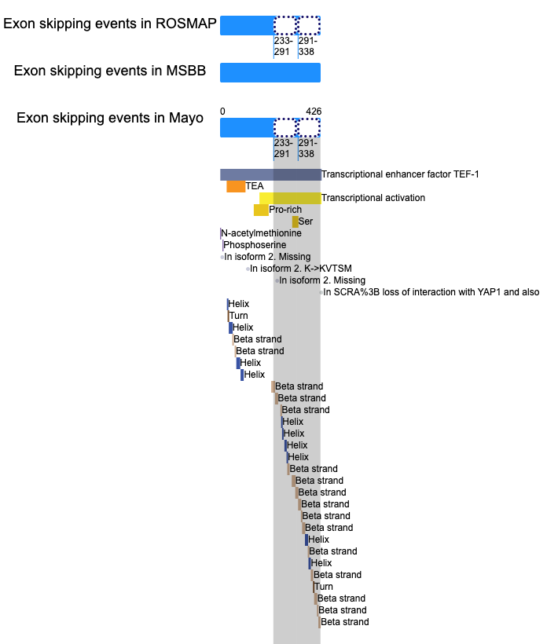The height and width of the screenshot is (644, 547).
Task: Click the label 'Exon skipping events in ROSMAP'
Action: click(x=110, y=24)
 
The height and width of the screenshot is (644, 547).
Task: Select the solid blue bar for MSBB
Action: click(x=270, y=73)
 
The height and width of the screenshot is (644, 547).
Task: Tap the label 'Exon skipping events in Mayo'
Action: click(x=110, y=118)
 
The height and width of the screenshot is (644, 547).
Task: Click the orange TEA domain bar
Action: click(x=236, y=186)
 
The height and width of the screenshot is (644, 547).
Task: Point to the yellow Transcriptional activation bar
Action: click(x=290, y=198)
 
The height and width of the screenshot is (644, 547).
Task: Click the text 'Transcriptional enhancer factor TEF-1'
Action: click(x=400, y=174)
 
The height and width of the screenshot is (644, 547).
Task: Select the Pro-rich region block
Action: click(x=261, y=210)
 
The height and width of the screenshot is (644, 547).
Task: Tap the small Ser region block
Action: click(x=295, y=221)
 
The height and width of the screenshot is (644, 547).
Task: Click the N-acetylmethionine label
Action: click(x=261, y=233)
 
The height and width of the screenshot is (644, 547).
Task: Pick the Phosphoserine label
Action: click(x=255, y=245)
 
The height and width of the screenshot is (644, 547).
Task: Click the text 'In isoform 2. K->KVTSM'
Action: click(x=301, y=269)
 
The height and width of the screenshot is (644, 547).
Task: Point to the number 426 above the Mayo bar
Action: click(x=314, y=112)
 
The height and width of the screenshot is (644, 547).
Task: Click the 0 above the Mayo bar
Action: click(x=222, y=112)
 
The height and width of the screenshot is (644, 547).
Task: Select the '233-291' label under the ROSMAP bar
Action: click(x=283, y=46)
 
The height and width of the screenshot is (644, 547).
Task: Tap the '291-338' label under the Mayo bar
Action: click(x=308, y=148)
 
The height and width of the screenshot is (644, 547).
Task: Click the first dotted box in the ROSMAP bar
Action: click(x=285, y=25)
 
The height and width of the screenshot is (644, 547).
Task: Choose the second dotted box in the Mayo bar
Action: click(x=309, y=128)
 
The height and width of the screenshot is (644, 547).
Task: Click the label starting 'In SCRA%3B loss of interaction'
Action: click(x=431, y=292)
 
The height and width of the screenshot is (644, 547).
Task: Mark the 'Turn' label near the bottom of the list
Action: click(x=324, y=587)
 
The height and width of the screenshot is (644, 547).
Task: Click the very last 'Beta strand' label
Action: click(x=345, y=622)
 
